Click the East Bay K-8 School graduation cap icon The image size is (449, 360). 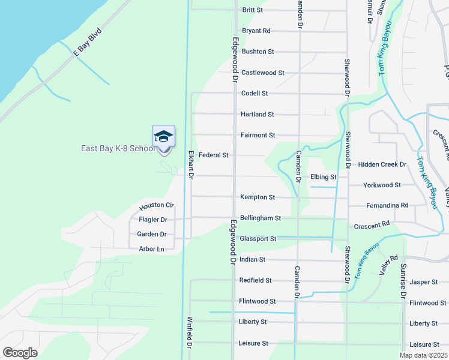pyautogui.click(x=163, y=137)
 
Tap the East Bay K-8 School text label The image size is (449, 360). pyautogui.click(x=118, y=149)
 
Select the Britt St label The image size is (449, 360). pyautogui.click(x=253, y=10)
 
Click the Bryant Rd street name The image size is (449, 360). pyautogui.click(x=256, y=31)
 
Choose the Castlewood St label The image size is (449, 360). pyautogui.click(x=263, y=73)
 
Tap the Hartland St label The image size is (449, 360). pyautogui.click(x=258, y=114)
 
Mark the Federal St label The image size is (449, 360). pyautogui.click(x=214, y=155)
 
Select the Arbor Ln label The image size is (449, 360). pyautogui.click(x=151, y=249)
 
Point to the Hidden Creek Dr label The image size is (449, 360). pyautogui.click(x=382, y=164)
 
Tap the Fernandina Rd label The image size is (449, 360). pyautogui.click(x=387, y=205)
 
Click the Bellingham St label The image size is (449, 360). pyautogui.click(x=260, y=218)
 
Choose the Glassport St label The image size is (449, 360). pyautogui.click(x=258, y=239)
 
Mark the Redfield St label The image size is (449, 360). pyautogui.click(x=256, y=280)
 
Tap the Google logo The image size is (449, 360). pyautogui.click(x=20, y=353)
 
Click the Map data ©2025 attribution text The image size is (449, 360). pyautogui.click(x=423, y=355)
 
